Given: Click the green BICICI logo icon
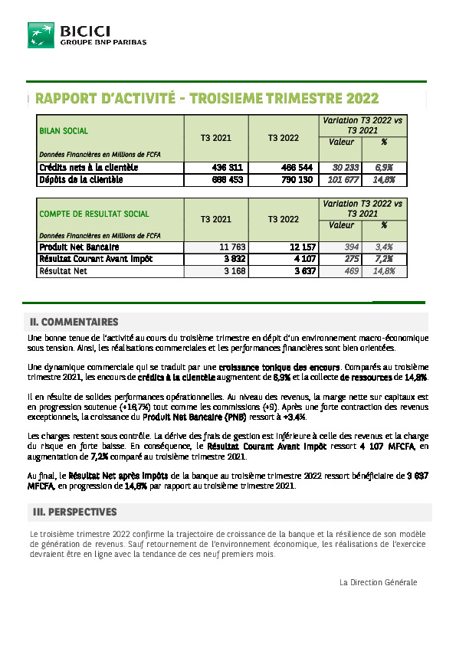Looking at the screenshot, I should click(x=41, y=35).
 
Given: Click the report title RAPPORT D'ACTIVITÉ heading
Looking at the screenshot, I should click(x=207, y=99).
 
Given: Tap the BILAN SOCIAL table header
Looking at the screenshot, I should click(x=64, y=131).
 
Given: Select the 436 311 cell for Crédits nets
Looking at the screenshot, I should click(x=227, y=167).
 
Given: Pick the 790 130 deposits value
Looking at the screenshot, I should click(x=294, y=180).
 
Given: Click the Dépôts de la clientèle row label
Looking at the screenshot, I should click(x=80, y=180).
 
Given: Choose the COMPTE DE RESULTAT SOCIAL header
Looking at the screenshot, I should click(x=94, y=214).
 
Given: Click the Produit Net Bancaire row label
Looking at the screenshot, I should click(x=79, y=247).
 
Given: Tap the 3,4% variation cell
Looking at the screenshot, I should click(x=384, y=247).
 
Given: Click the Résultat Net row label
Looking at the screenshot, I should click(x=64, y=271).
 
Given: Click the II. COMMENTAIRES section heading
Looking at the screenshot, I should click(x=74, y=322).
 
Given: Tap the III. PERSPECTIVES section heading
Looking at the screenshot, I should click(x=74, y=512).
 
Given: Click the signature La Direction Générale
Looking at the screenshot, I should click(x=378, y=582).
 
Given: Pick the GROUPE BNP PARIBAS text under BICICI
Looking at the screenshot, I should click(x=103, y=43).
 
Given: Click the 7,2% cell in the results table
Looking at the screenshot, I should click(x=384, y=259).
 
